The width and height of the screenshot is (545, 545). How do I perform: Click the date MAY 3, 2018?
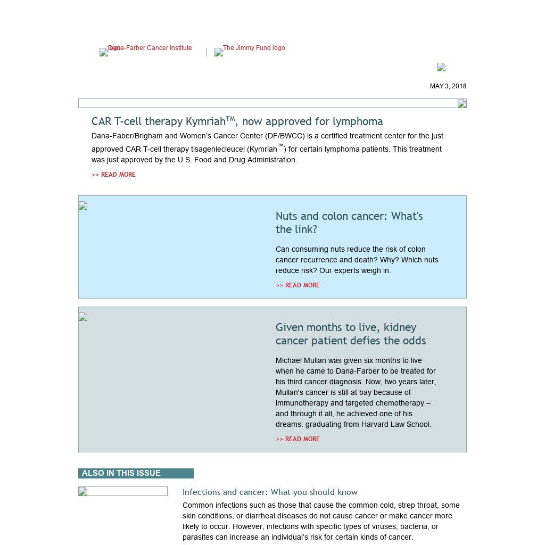pos(448,86)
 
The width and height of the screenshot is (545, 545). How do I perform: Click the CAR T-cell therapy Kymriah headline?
pos(237,121)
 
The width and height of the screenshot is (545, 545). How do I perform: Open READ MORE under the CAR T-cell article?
pos(113,175)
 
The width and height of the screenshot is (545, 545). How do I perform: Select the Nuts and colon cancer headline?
pos(349,222)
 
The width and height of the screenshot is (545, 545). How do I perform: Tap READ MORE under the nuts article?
pos(298,285)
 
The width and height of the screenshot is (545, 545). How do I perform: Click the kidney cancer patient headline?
pos(350,334)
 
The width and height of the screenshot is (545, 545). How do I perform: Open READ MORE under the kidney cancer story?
pos(298,439)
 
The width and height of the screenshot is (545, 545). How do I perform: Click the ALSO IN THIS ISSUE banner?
pos(136,473)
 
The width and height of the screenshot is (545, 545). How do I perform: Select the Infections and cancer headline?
pos(270,492)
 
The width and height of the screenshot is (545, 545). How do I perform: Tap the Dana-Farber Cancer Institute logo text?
pos(150,48)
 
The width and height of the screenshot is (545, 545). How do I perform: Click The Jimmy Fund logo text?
pos(254,48)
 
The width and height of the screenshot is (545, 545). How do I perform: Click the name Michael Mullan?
pos(300,360)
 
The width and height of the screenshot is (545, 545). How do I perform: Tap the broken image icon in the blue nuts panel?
pos(83,206)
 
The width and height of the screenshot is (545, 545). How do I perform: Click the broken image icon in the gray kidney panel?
pos(83,317)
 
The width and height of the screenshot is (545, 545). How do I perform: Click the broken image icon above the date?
pos(441,67)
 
